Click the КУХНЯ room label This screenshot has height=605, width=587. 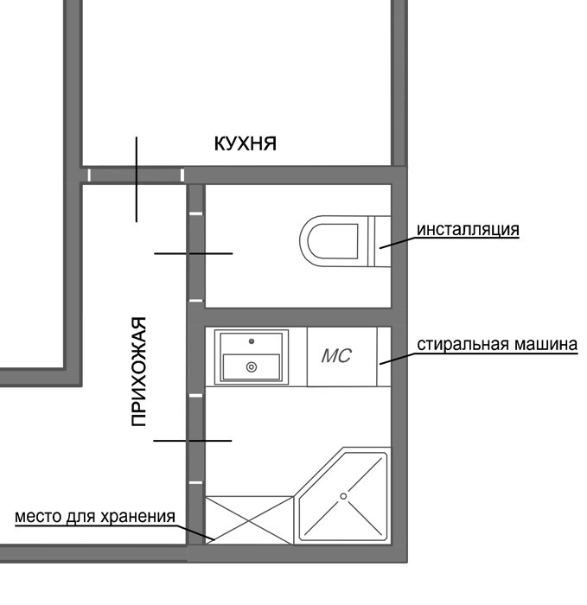pos(245,143)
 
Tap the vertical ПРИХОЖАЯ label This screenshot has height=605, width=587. pos(139,371)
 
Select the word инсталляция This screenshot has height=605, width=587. pos(468,229)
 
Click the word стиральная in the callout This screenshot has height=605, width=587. pos(462,344)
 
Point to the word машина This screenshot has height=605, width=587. pos(546,344)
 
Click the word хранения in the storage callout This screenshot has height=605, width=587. pos(138,517)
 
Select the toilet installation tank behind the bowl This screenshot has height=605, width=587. pos(380,241)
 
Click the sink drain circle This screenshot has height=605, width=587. pos(252,367)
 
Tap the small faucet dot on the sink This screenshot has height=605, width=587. pos(252,341)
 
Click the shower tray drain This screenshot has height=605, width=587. pos(343,496)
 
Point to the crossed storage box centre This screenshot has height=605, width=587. pos(249,520)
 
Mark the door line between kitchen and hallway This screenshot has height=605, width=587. pos(137,180)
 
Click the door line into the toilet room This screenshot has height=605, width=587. pos(194,253)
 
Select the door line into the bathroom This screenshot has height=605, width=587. pos(193,441)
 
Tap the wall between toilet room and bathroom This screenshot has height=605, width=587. pos(298,317)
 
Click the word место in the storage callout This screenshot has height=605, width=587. pos(39,517)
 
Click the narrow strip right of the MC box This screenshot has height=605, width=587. pos(384,356)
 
